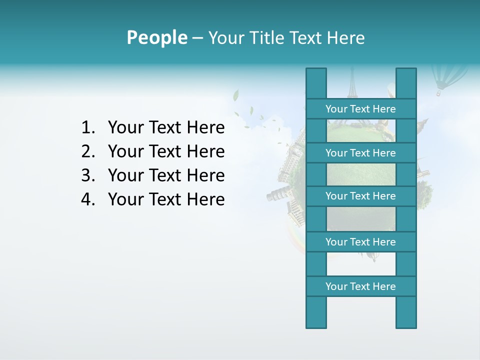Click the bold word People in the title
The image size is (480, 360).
[x=156, y=37]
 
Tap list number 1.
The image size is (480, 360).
[x=87, y=128]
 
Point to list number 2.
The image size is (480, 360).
[x=87, y=151]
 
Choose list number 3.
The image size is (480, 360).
[x=87, y=175]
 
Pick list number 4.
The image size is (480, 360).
[x=87, y=199]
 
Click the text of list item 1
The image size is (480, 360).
[x=166, y=128]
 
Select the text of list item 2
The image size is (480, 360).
[x=166, y=151]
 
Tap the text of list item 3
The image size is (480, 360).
[x=166, y=175]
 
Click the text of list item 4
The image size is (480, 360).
[x=166, y=199]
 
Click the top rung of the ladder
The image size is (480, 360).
[x=360, y=109]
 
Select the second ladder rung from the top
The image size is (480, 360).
[x=360, y=153]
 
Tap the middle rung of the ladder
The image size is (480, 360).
[x=360, y=196]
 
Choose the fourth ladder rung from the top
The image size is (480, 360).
[x=360, y=242]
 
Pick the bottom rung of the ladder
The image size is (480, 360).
[x=360, y=286]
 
